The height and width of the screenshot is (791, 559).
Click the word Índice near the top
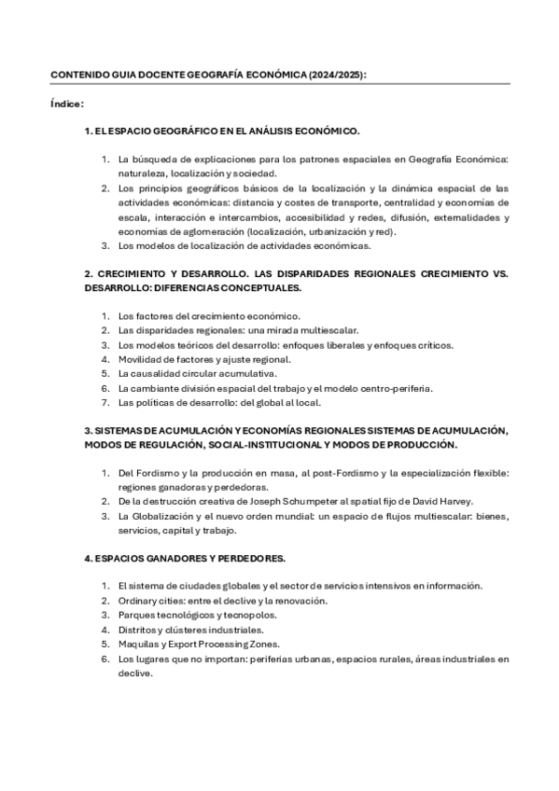click(66, 104)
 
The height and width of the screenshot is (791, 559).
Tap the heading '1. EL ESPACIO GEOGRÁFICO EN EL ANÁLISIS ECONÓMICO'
click(222, 132)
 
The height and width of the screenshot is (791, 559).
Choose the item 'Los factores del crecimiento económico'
click(209, 316)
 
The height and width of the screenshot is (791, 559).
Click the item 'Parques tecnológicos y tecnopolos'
click(197, 615)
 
